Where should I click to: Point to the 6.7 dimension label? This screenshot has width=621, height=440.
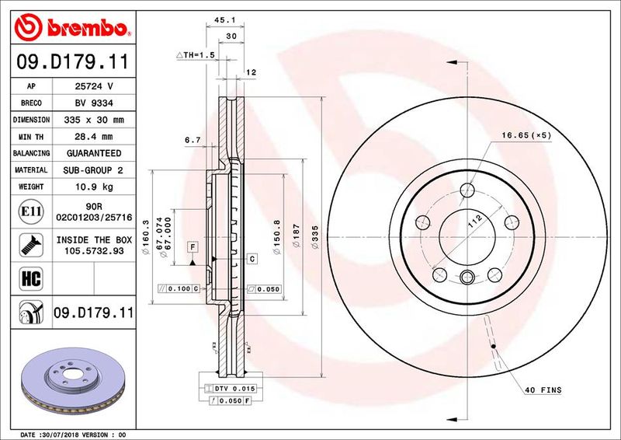[193, 141]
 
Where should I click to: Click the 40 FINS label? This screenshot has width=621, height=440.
[543, 390]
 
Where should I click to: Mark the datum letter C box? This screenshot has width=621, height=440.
[252, 257]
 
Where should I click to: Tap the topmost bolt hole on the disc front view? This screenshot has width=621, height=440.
[467, 190]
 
